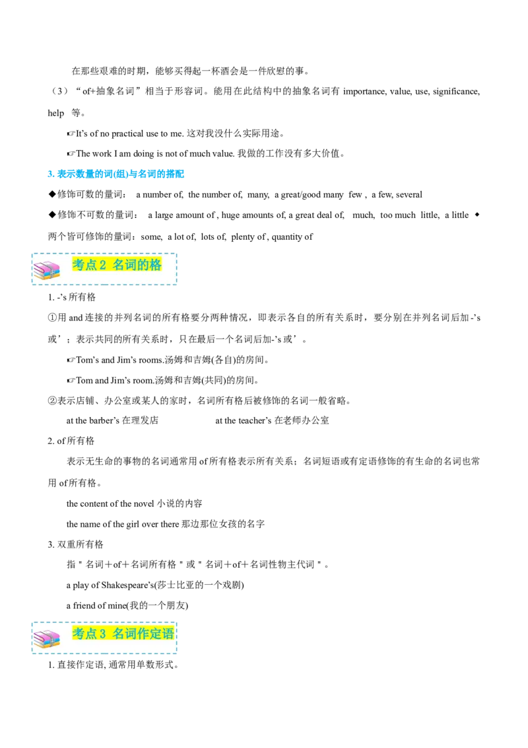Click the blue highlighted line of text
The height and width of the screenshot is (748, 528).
(116, 174)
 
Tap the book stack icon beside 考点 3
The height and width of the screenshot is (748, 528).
(46, 639)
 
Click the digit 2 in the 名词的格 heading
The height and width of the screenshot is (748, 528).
(102, 265)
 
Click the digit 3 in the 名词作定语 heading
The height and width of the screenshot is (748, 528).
(102, 634)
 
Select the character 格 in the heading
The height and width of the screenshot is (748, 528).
(155, 265)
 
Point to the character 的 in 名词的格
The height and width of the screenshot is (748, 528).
(142, 265)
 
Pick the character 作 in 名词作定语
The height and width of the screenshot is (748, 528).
(142, 634)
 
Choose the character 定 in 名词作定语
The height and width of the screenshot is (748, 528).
(155, 634)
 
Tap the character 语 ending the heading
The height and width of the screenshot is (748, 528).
(168, 634)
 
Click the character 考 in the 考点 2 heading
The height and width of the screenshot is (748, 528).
(79, 265)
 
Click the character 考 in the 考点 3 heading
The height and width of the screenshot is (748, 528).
(79, 634)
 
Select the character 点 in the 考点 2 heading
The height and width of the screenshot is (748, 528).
(91, 265)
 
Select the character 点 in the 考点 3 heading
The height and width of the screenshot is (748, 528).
(91, 634)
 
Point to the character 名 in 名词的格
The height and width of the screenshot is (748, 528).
(118, 265)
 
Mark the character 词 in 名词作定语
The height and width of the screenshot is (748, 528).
(130, 634)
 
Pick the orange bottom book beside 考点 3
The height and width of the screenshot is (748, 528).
(46, 646)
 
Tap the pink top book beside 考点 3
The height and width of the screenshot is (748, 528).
(46, 634)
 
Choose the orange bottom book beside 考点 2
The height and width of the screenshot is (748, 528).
(46, 277)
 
